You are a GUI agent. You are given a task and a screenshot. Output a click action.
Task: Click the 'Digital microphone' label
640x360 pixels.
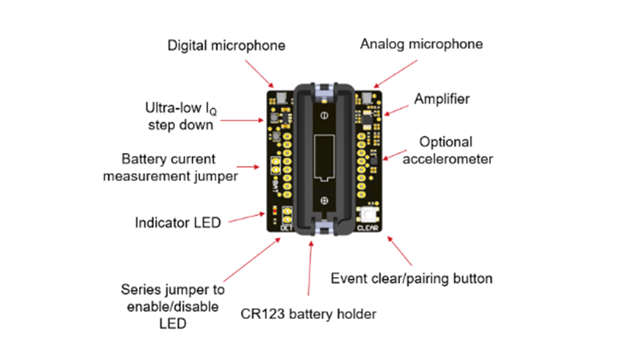[x=226, y=45]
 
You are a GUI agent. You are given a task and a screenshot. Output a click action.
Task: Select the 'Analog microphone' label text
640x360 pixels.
[x=421, y=44]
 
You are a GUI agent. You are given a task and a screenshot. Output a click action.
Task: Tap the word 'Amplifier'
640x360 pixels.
[x=442, y=99]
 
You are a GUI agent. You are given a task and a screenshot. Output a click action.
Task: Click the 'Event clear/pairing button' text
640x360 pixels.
[x=411, y=278]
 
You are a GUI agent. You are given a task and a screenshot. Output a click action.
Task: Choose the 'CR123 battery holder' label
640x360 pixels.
[x=308, y=314]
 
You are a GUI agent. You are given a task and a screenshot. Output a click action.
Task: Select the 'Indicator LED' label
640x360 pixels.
[x=177, y=222]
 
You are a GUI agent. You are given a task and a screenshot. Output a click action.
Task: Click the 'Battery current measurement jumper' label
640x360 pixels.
[x=170, y=167]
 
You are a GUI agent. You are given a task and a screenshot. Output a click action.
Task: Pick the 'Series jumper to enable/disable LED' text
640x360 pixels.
[x=172, y=306]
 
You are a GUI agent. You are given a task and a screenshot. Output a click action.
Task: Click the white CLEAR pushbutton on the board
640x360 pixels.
[x=368, y=215]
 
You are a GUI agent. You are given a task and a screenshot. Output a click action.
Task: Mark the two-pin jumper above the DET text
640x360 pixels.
[x=287, y=215]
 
